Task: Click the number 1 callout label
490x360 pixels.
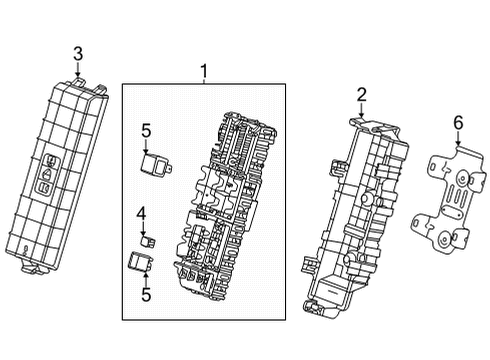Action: pyautogui.click(x=203, y=71)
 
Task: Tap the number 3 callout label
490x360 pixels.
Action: pyautogui.click(x=78, y=54)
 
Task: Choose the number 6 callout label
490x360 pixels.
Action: pyautogui.click(x=458, y=123)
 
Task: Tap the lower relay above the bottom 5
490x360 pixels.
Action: pyautogui.click(x=141, y=262)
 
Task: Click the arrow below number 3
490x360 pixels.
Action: pyautogui.click(x=78, y=70)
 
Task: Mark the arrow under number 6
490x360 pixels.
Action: pyautogui.click(x=458, y=139)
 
